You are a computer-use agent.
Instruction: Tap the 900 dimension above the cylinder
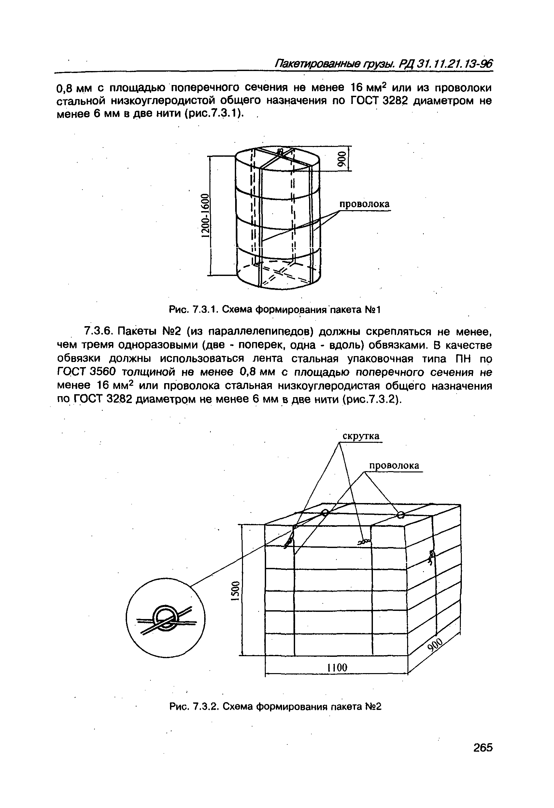[342, 159]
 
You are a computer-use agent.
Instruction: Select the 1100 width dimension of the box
[337, 668]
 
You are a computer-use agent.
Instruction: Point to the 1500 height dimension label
[235, 591]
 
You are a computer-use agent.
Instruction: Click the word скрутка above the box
[361, 436]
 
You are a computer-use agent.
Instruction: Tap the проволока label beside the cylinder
[364, 204]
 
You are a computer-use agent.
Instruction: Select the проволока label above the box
[394, 466]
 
